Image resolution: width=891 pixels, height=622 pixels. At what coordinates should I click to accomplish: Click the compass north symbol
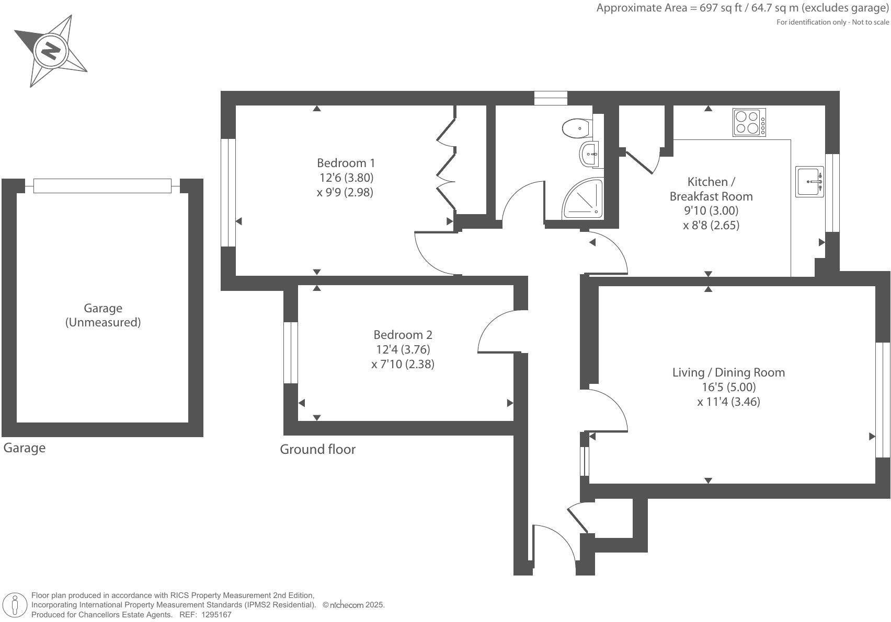[51, 51]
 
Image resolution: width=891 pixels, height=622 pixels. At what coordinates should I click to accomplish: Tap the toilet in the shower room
[577, 127]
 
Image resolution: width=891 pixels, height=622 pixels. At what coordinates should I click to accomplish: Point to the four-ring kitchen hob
[749, 122]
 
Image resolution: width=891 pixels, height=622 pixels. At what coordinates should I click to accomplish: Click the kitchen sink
[809, 182]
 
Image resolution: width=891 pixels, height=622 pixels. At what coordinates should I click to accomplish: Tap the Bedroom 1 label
[346, 162]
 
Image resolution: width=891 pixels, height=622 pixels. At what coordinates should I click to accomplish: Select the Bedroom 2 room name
[403, 334]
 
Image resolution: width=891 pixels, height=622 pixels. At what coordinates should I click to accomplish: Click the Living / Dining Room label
[728, 372]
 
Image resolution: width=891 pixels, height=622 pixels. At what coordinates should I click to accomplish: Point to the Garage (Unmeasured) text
[103, 315]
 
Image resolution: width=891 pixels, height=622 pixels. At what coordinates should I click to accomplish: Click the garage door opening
[102, 185]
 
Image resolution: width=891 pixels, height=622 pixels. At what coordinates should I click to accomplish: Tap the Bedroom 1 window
[228, 192]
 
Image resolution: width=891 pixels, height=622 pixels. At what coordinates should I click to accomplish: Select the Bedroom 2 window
[291, 353]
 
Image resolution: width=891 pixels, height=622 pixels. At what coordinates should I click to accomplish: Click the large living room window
[883, 400]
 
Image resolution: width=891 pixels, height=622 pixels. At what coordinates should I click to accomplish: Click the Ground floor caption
[317, 449]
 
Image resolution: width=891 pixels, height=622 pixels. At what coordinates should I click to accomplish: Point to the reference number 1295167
[214, 615]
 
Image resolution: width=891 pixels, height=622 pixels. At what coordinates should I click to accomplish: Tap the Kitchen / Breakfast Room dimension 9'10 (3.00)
[711, 210]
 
